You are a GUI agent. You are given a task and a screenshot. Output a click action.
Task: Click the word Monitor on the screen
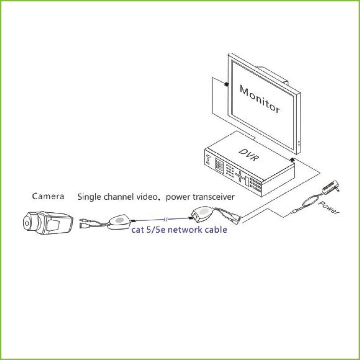pos(259,99)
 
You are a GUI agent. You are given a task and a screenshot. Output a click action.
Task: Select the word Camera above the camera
pos(48,196)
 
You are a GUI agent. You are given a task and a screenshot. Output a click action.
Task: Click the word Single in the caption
pos(89,197)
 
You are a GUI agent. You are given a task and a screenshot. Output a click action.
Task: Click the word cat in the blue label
pos(137,230)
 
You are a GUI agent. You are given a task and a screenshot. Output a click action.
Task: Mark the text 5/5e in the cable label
pos(156,230)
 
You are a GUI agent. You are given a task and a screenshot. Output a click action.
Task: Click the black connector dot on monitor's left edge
pos(227,84)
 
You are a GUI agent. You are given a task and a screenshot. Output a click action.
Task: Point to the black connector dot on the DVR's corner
pos(292,160)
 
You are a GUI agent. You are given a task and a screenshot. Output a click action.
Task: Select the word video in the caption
pos(147,197)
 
